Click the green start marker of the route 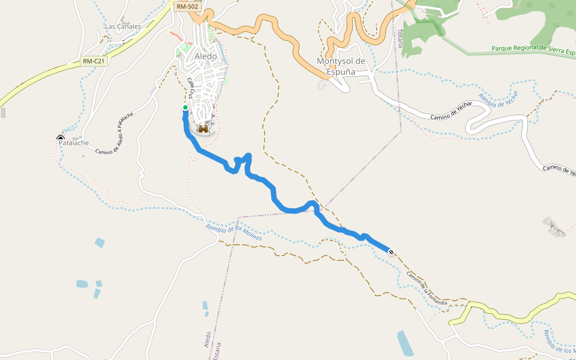point(185,107)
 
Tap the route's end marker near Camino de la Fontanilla point(391,252)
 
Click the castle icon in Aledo point(203,128)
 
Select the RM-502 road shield point(187,6)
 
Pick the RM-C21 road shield point(94,61)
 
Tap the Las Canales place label point(122,26)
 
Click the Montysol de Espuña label point(341,67)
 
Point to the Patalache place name point(74,143)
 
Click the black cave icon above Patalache point(60,139)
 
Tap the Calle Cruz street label point(190,88)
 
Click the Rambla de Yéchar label point(497,97)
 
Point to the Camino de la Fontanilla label point(427,287)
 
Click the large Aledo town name point(206,56)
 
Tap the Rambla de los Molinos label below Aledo point(234,232)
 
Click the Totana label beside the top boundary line point(400,38)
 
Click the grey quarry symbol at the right point(553,226)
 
